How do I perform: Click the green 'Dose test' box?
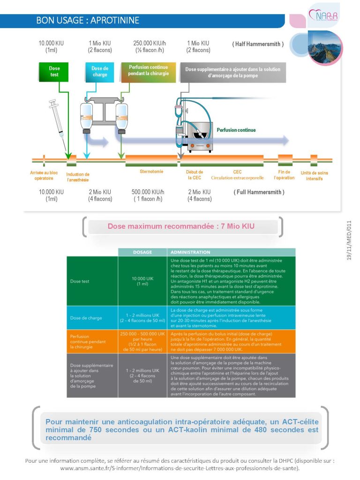click(x=53, y=72)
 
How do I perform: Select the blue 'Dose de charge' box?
click(x=99, y=72)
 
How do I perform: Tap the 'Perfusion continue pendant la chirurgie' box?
click(x=149, y=72)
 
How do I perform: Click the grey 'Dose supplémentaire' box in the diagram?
click(x=233, y=73)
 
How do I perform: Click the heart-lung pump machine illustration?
click(x=195, y=126)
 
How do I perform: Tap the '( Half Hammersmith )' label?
click(x=258, y=44)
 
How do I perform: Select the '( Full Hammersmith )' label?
click(x=259, y=192)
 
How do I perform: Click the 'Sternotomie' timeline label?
click(x=151, y=172)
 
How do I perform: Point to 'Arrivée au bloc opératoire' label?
click(x=44, y=175)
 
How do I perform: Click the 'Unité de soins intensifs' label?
click(x=314, y=176)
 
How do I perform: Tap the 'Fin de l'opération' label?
click(x=284, y=175)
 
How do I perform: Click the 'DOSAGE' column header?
click(x=142, y=252)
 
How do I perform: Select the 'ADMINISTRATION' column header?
click(x=232, y=252)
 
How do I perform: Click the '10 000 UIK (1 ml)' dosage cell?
click(x=142, y=281)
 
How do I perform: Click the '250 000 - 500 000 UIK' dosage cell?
click(x=142, y=341)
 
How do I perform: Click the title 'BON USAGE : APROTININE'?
click(x=88, y=21)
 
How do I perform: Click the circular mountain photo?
click(x=324, y=48)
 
